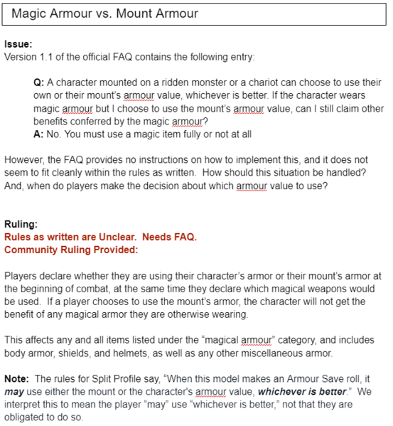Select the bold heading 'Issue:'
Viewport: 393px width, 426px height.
18,44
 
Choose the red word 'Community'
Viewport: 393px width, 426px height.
32,250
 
